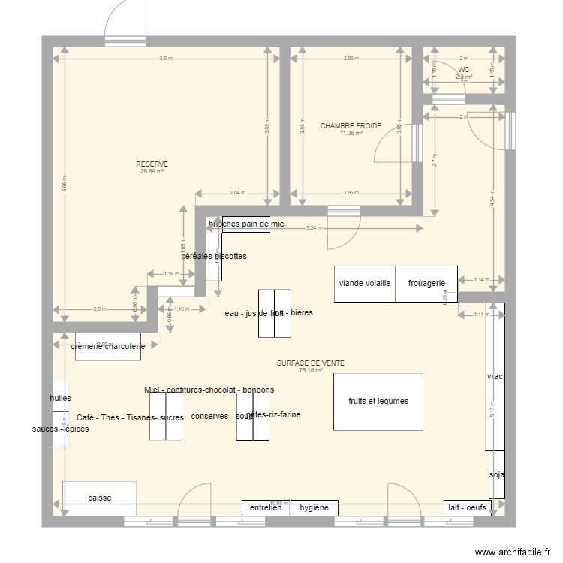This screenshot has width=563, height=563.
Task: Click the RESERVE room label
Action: (x=152, y=164)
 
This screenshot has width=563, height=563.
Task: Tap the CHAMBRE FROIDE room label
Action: (x=351, y=126)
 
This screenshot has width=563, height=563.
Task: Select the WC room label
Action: (x=463, y=70)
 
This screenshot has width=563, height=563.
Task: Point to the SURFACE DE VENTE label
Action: (x=310, y=363)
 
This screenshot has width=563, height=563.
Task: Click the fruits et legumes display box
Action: (x=378, y=402)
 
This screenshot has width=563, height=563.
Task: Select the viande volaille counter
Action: (x=365, y=284)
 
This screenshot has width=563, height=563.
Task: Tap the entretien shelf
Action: (x=266, y=508)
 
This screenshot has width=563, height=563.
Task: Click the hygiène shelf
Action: (x=314, y=508)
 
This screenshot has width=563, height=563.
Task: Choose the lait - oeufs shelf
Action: (x=468, y=508)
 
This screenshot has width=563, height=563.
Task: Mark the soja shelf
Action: (x=496, y=474)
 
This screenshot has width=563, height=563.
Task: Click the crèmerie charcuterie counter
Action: (x=108, y=347)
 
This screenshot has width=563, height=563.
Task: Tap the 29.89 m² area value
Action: (x=152, y=172)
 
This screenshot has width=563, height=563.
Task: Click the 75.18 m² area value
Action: (x=310, y=370)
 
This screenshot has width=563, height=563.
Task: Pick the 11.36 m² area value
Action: (x=351, y=134)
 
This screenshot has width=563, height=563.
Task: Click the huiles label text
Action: (x=60, y=399)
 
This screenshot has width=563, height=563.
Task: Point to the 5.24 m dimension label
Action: (x=314, y=228)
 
